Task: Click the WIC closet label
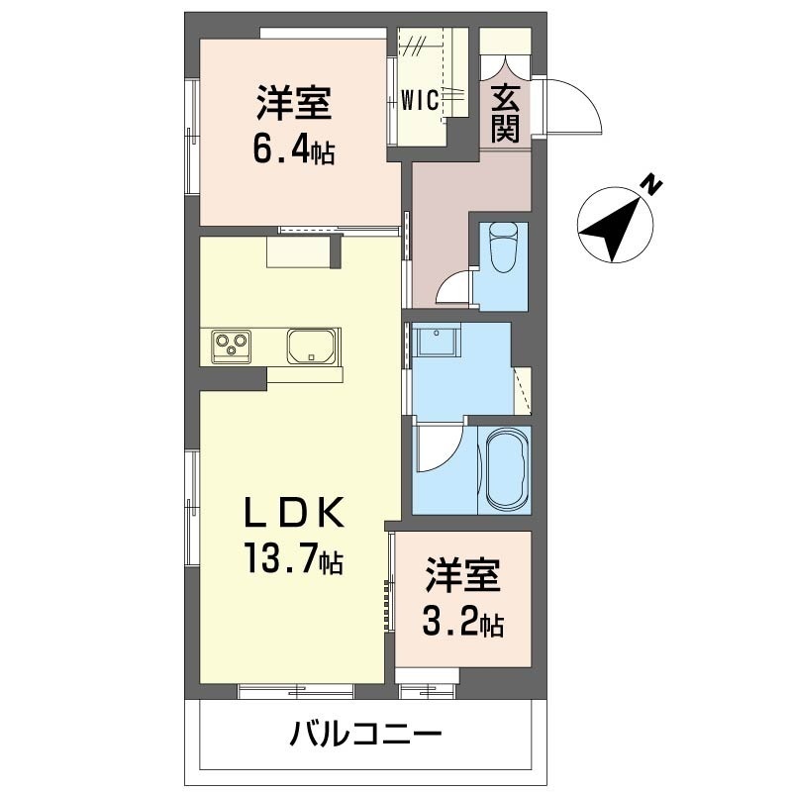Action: coord(419,101)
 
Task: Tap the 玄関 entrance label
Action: coord(505,114)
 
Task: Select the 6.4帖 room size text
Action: coord(293,150)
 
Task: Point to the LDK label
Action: coord(294,513)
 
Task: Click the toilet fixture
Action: coord(504,247)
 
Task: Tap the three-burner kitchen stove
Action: coord(232,346)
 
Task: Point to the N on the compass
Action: coord(652,185)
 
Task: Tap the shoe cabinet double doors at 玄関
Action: coord(505,67)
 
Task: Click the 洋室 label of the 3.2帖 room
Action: coord(462,575)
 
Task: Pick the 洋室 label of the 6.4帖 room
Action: coord(293,103)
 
